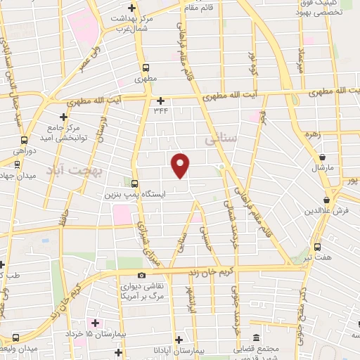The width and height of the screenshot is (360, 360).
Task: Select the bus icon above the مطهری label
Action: [x=146, y=68]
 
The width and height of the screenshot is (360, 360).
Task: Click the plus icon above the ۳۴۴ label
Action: [x=160, y=101]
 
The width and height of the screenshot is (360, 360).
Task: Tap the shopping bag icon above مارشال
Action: [x=322, y=157]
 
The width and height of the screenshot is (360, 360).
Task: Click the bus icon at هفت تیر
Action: [x=317, y=247]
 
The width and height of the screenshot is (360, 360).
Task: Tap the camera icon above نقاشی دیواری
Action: [x=142, y=275]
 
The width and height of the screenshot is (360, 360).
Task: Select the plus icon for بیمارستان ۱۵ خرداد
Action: [x=96, y=323]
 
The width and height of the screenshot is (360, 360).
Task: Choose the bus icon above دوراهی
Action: [x=25, y=140]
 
